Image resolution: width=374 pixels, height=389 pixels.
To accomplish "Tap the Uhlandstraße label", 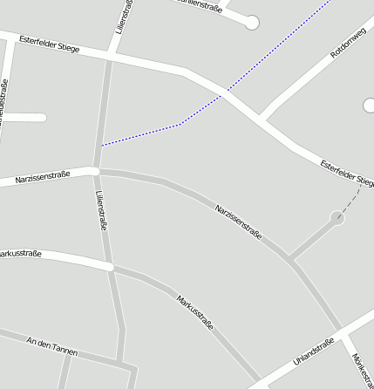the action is (x=313, y=351).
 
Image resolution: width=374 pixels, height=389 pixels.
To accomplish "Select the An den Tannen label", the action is (x=52, y=346).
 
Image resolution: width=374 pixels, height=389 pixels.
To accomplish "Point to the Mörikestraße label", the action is (x=363, y=372).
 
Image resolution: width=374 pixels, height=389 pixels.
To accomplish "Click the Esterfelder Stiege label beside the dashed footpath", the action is (x=346, y=172).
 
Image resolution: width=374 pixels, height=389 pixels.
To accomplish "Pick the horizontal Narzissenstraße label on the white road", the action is (x=42, y=178).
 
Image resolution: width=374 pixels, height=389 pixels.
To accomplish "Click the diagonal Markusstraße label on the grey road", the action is (x=194, y=312).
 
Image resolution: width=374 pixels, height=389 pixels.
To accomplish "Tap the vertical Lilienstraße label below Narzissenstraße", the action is (x=101, y=210).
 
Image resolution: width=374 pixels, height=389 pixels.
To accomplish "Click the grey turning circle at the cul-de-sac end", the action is (x=337, y=218).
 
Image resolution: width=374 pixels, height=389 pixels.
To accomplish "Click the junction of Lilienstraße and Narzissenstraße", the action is (x=95, y=170).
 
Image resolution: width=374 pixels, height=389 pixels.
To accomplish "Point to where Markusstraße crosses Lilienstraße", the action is (x=110, y=266).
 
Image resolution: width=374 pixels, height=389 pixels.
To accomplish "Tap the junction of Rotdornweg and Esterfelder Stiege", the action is (x=262, y=118).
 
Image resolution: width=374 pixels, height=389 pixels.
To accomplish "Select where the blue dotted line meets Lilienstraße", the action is (x=102, y=145).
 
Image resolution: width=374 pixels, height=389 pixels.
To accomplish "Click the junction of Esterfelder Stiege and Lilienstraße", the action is (x=110, y=55).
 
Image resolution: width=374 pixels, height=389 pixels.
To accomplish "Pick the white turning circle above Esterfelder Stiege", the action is (x=252, y=23).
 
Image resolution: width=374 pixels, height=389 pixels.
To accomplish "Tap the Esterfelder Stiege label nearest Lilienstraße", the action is (x=49, y=44).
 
